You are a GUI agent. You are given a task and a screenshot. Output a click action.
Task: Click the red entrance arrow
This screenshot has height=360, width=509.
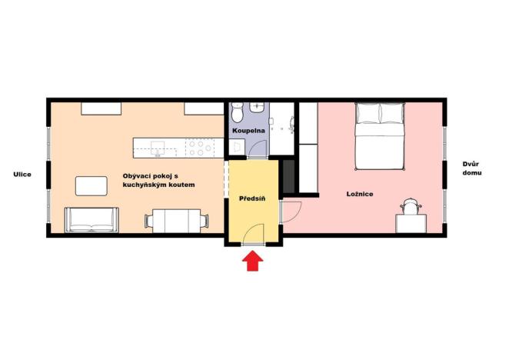click(x=252, y=262)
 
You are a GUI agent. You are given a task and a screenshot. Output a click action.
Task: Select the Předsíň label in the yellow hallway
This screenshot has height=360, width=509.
click(x=252, y=198)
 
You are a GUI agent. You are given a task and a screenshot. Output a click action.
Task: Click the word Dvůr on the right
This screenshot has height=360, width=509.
click(x=471, y=164)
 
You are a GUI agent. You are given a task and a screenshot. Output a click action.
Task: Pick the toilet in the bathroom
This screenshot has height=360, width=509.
click(x=238, y=114)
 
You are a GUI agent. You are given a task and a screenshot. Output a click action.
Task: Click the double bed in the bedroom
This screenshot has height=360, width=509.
click(x=380, y=138)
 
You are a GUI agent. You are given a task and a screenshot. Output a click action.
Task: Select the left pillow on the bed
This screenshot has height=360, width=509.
click(x=368, y=114)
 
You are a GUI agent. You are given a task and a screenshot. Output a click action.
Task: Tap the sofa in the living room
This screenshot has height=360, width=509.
click(x=91, y=220)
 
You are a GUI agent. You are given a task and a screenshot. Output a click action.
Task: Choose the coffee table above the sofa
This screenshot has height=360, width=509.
click(x=91, y=185)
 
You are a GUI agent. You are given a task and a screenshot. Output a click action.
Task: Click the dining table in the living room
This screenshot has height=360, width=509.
click(x=177, y=222)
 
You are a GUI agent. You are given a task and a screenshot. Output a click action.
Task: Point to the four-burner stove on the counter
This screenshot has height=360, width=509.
click(x=197, y=146)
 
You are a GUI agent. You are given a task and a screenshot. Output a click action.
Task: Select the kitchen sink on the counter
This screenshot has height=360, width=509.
click(x=160, y=146)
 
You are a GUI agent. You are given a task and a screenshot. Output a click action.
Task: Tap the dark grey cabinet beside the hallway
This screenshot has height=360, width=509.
click(x=289, y=177)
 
